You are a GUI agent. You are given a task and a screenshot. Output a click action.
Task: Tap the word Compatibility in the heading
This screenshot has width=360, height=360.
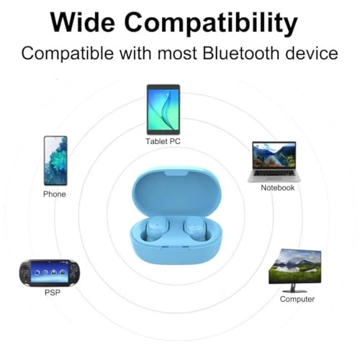point(215,23)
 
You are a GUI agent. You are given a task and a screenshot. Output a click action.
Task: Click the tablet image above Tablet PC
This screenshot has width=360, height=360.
point(163,109)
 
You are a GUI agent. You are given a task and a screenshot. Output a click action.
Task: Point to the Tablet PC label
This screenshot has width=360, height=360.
point(163,142)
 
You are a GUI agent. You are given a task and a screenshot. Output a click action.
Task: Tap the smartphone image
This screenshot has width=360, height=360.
point(55,161)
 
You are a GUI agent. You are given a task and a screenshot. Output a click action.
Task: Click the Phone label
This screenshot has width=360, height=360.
point(55,194)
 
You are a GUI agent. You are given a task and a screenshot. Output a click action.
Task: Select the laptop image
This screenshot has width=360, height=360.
point(274,161)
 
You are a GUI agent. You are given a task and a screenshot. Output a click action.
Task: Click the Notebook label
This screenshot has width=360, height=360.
point(278,188)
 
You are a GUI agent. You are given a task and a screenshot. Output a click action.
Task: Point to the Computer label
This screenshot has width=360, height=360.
point(297,299)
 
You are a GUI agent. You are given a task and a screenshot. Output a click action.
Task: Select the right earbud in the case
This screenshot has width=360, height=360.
point(195,231)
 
